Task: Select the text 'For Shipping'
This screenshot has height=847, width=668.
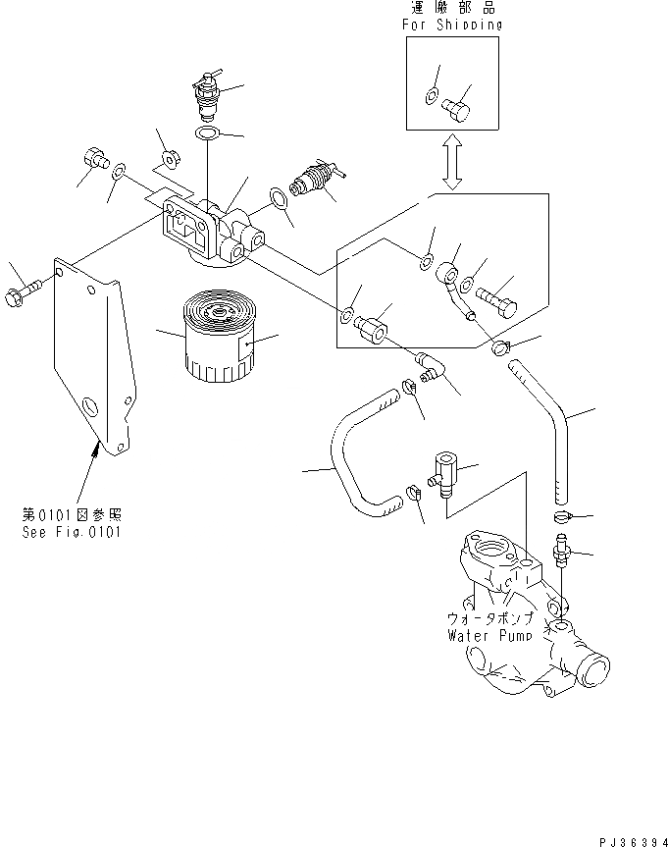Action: coord(452,25)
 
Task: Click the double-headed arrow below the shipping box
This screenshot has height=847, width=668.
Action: coord(452,162)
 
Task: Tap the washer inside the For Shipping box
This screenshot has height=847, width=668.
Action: coord(432,97)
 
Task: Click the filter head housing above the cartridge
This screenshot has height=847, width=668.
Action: coord(211,232)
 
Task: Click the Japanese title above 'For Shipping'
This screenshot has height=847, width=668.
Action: coord(452,8)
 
